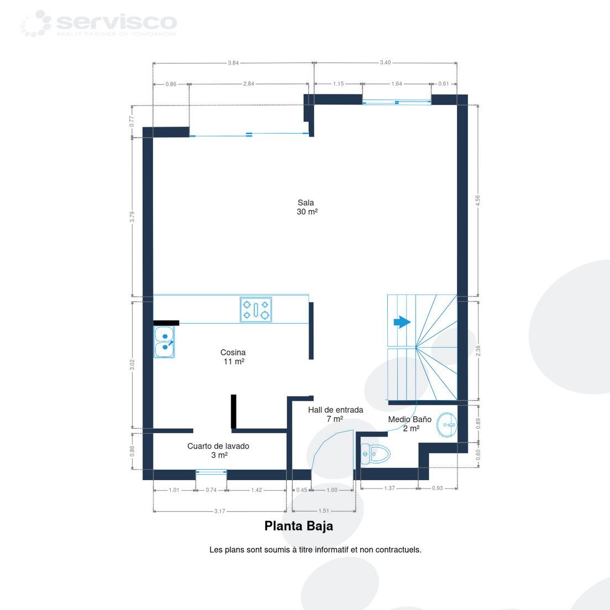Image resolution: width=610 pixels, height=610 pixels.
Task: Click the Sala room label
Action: click(x=307, y=207)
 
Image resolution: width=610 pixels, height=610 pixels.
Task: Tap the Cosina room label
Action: click(x=233, y=357)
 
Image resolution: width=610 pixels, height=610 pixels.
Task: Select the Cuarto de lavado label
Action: click(x=218, y=450)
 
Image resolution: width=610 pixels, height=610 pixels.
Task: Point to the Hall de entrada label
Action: click(x=335, y=414)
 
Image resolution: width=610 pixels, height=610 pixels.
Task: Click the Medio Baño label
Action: click(x=410, y=424)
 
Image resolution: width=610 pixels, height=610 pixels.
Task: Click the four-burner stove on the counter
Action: click(x=256, y=309)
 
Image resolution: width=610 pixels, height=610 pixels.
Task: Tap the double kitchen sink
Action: click(x=164, y=342)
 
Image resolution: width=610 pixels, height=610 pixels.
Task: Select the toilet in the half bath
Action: click(x=375, y=454)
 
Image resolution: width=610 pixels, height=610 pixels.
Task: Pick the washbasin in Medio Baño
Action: click(x=447, y=425)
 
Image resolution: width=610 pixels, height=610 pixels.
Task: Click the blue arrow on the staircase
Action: click(x=402, y=322)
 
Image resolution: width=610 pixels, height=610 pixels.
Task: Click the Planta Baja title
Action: click(x=299, y=526)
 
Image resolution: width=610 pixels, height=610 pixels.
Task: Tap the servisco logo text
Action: click(x=117, y=22)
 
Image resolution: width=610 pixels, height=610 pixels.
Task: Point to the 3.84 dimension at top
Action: click(x=233, y=62)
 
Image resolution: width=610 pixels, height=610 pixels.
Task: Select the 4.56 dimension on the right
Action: click(x=478, y=201)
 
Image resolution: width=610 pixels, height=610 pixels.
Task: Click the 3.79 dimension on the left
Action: click(x=132, y=217)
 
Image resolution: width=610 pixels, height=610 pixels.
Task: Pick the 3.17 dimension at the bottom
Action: click(x=220, y=511)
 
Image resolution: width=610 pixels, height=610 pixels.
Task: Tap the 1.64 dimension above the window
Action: click(x=397, y=83)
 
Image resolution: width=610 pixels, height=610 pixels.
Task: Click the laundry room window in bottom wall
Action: click(x=211, y=472)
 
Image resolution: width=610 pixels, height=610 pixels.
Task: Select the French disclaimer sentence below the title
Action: click(x=315, y=550)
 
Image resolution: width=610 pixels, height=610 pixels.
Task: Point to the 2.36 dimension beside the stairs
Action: click(x=478, y=350)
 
